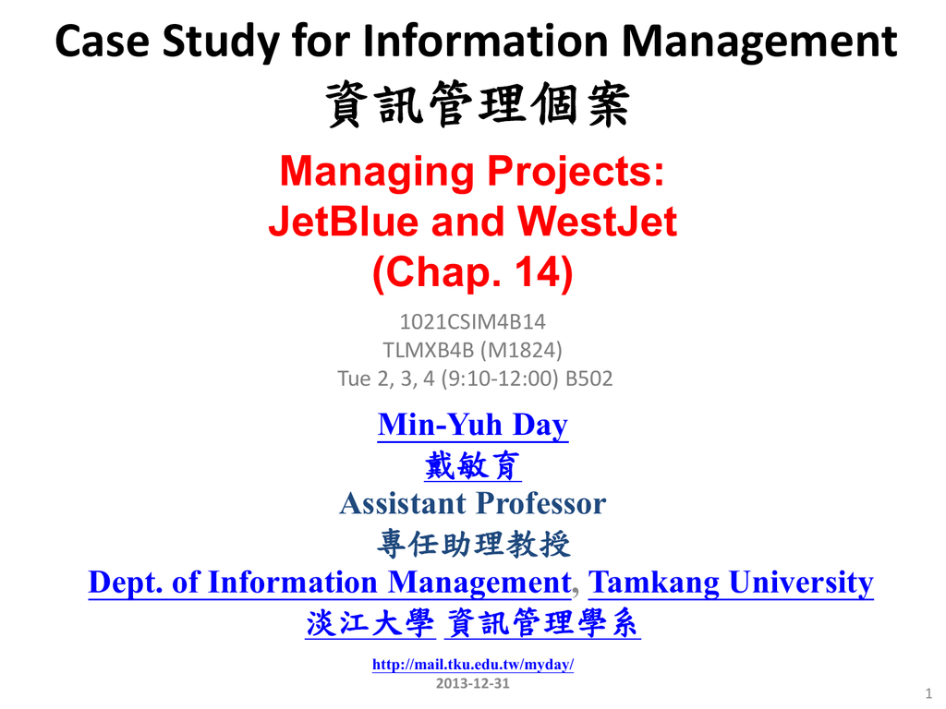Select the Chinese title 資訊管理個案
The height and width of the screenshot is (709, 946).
coord(478,104)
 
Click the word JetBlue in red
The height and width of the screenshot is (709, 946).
coord(344,222)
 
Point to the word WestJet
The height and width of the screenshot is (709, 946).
coord(598,222)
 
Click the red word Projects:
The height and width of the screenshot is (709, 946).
coord(576,173)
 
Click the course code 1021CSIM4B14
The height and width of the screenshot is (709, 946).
coord(472,322)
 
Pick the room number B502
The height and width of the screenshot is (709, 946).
coord(588,379)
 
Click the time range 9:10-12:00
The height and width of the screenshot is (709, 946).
coord(500,379)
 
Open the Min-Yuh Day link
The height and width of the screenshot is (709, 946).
coord(473,426)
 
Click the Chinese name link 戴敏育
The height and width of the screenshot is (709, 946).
coord(473,465)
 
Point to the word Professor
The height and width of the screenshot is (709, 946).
coord(541,503)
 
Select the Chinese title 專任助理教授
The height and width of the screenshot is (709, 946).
coord(474,544)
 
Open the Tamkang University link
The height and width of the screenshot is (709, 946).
coord(732,583)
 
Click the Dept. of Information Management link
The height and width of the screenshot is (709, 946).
coord(330,583)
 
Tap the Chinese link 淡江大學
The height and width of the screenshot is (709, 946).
coord(370,623)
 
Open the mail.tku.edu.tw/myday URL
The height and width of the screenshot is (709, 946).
coord(473,665)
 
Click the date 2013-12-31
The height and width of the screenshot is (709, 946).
coord(473,684)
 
